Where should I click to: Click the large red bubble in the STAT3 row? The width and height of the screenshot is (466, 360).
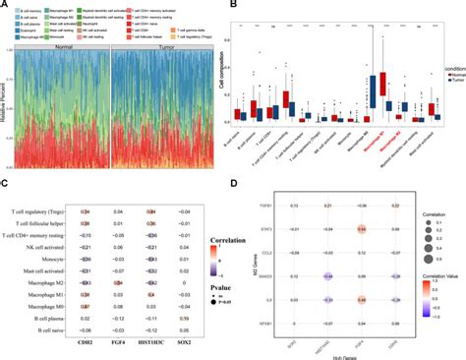[362, 228]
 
